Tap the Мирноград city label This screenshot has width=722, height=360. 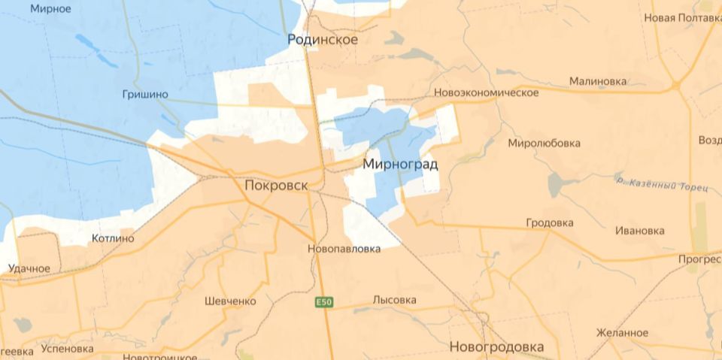(400, 163)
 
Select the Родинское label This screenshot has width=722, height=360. (323, 40)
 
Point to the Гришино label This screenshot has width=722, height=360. (144, 95)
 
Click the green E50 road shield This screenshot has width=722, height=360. (323, 302)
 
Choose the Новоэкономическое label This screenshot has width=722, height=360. (487, 92)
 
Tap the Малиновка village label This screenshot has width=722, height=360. (598, 81)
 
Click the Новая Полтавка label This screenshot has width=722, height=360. (681, 18)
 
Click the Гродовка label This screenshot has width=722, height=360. (550, 223)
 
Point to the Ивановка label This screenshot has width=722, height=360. (639, 231)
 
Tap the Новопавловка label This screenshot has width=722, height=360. (344, 249)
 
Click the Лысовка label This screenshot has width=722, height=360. (394, 300)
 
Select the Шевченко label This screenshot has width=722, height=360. (230, 301)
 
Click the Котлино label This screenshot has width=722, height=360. (112, 239)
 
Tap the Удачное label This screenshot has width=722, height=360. (29, 268)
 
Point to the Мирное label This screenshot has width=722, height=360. (50, 9)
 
